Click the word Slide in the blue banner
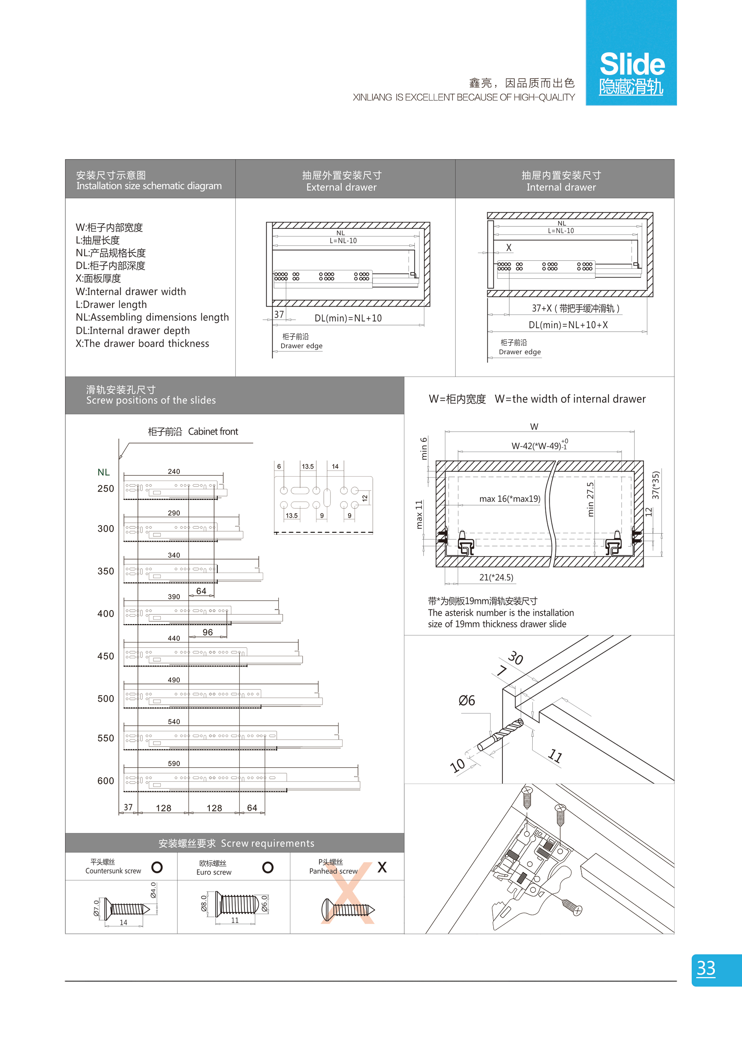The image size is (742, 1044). pyautogui.click(x=632, y=65)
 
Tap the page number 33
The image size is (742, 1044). pyautogui.click(x=706, y=968)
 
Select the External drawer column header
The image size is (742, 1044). pyautogui.click(x=341, y=187)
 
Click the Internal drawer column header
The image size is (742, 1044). pyautogui.click(x=561, y=187)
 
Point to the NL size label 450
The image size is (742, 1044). pyautogui.click(x=106, y=656)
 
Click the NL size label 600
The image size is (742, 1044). pyautogui.click(x=106, y=781)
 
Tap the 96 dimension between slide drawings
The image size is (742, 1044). pyautogui.click(x=207, y=632)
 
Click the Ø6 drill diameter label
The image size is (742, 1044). pyautogui.click(x=466, y=700)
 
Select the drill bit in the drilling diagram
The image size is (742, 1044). pyautogui.click(x=501, y=735)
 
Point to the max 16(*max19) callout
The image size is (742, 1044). pyautogui.click(x=510, y=499)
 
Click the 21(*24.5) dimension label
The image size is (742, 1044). pyautogui.click(x=496, y=577)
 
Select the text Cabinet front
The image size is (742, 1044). pyautogui.click(x=213, y=432)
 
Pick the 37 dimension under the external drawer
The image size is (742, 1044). pyautogui.click(x=279, y=314)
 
